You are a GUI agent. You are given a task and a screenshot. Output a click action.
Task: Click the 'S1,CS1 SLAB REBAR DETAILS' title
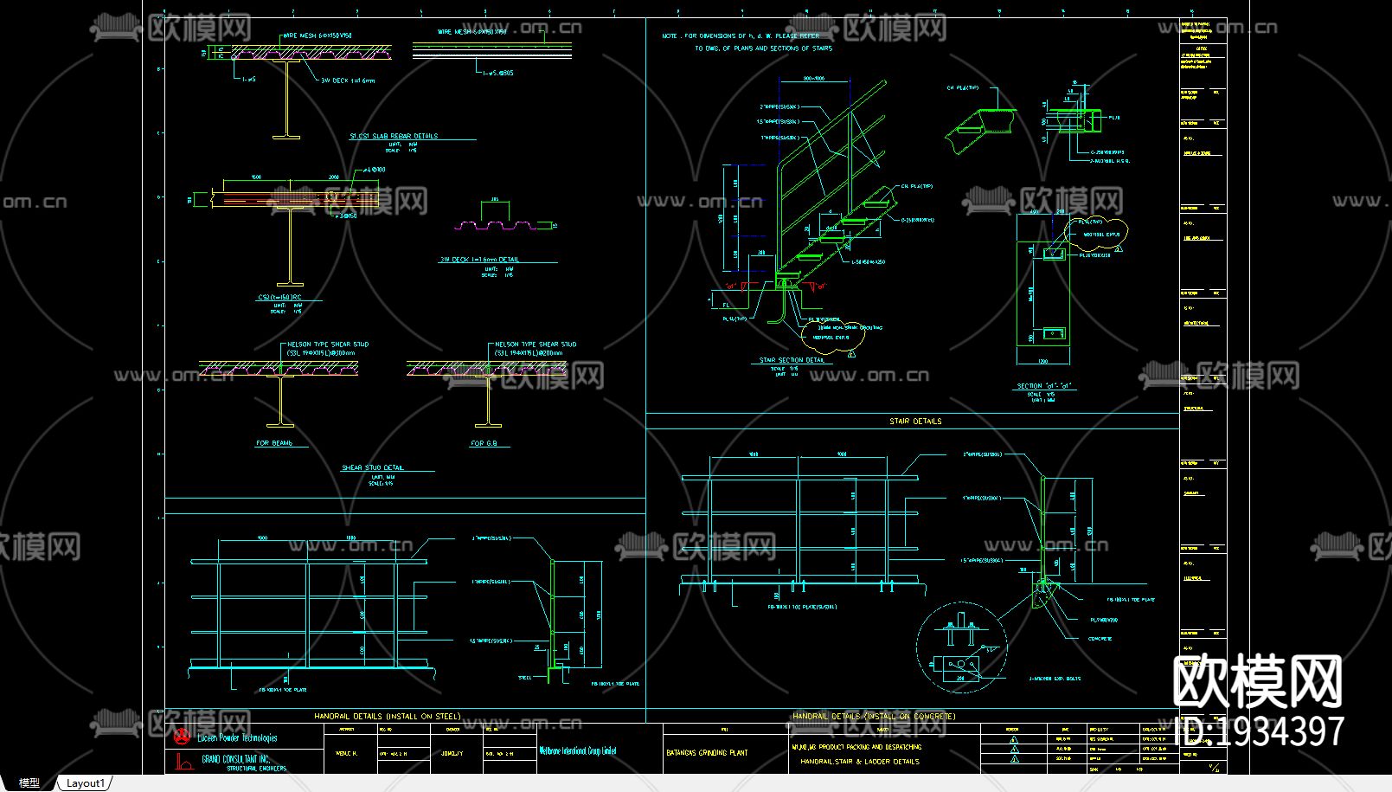tap(394, 136)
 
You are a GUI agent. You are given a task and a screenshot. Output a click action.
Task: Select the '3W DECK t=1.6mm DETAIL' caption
tap(479, 259)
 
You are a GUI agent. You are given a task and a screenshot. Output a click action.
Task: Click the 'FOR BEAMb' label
tap(274, 443)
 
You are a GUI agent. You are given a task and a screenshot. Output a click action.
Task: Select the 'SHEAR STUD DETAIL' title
tap(373, 467)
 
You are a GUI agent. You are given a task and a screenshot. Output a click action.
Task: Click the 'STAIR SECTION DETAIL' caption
tap(792, 360)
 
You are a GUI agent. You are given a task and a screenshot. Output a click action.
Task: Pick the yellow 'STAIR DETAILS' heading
tap(915, 422)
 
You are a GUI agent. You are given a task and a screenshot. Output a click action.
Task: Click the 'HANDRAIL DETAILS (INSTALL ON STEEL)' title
tap(387, 717)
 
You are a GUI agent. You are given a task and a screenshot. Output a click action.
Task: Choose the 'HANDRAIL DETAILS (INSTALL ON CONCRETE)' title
tap(874, 717)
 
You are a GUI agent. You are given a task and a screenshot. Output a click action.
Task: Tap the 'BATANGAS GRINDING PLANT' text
tap(707, 753)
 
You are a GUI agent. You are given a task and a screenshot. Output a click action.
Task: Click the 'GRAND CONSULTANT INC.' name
tap(236, 759)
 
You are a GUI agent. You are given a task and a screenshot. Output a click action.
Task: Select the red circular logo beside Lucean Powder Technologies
tap(182, 737)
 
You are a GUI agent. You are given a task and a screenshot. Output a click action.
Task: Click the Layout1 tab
tap(85, 783)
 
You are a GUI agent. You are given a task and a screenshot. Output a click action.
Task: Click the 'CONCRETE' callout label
tap(1100, 639)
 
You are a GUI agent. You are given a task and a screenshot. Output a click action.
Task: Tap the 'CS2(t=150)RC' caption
tap(279, 297)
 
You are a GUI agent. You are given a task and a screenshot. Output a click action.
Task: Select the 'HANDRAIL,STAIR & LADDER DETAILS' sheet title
tap(859, 762)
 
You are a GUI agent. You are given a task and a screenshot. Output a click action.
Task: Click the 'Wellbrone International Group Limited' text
tap(577, 751)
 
